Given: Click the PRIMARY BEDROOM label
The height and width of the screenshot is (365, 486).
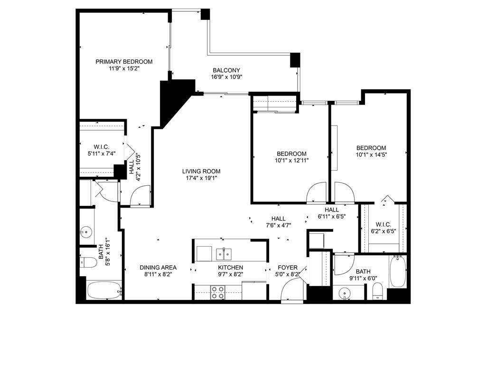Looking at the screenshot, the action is [124, 62].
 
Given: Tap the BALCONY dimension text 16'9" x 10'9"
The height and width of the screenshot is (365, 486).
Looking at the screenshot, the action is [226, 77].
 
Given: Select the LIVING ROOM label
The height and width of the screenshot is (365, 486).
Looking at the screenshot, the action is [201, 171].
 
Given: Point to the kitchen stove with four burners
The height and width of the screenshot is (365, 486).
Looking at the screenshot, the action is [217, 292].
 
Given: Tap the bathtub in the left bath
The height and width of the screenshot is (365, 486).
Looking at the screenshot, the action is [104, 290].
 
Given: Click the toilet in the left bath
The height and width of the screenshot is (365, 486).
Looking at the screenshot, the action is [89, 262].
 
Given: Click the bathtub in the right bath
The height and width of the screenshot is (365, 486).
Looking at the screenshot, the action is [398, 271].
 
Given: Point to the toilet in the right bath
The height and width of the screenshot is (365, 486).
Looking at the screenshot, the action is [377, 293].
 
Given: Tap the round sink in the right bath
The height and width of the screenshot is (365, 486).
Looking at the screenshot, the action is [344, 292].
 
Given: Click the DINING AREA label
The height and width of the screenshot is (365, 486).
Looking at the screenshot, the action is [158, 268].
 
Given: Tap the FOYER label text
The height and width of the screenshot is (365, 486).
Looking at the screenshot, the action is [288, 268].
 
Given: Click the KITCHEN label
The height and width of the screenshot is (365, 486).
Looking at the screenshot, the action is [231, 268].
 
